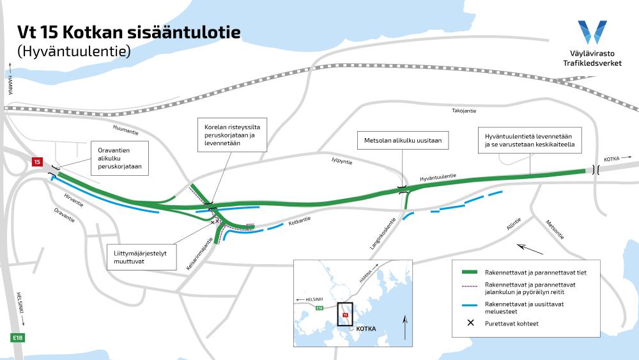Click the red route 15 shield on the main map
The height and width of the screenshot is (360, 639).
pos(37,162)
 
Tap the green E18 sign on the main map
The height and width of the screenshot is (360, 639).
pos(17,338)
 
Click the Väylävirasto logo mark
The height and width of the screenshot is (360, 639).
pos(592,32)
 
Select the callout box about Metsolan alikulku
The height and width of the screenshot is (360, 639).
pos(403,140)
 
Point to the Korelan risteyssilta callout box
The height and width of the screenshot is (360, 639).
pos(232,135)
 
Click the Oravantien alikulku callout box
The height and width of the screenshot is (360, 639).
pos(120,158)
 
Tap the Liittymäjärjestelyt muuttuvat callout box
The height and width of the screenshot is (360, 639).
pos(142,257)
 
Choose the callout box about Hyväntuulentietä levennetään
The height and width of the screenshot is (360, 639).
pos(529,140)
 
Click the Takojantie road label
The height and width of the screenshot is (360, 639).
pos(464,111)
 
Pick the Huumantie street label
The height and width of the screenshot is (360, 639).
pos(125,130)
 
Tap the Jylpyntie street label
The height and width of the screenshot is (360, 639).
pos(341,160)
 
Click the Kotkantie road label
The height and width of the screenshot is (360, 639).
pos(300,221)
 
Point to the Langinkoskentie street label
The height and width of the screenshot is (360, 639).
pos(383,233)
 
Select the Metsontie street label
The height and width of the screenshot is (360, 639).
pos(555,230)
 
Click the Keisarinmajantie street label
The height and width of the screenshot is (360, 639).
pos(199,254)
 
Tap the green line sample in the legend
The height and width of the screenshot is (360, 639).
pos(469,272)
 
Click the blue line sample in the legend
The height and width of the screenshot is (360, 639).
pos(469,305)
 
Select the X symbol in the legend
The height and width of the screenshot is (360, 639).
pos(471,322)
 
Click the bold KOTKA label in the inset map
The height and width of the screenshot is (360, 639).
pos(366,329)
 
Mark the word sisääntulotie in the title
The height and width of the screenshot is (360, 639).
pos(182,32)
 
